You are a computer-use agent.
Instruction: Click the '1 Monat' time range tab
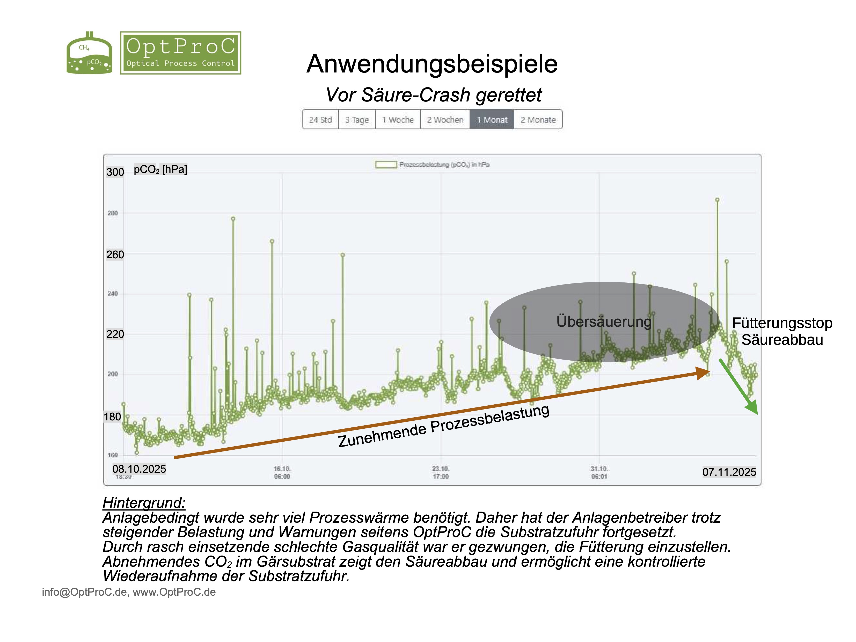[x=492, y=120]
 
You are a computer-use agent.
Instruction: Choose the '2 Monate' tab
[x=538, y=120]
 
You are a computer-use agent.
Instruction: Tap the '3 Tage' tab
[x=357, y=120]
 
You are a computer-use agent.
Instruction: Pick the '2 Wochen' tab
[x=445, y=120]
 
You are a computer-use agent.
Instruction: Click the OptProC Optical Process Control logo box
[x=180, y=53]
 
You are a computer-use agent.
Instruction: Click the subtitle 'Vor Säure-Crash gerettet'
[x=433, y=95]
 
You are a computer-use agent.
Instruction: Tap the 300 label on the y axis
[x=115, y=172]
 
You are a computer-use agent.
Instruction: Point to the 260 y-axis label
[x=115, y=255]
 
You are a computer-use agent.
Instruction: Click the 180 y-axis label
[x=112, y=417]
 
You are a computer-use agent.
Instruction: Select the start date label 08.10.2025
[x=139, y=469]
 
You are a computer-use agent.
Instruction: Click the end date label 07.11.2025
[x=729, y=472]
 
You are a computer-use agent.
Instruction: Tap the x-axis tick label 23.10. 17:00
[x=441, y=472]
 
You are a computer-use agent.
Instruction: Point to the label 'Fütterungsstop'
[x=782, y=323]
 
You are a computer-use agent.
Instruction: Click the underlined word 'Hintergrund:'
[x=144, y=503]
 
